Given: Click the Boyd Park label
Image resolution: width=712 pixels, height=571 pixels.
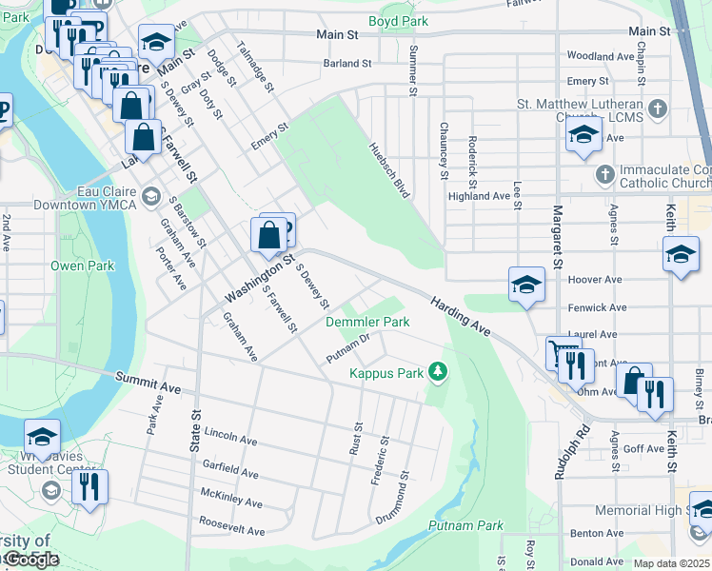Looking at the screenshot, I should point(398,21).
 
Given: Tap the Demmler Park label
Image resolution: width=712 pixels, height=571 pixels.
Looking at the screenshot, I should point(367,323).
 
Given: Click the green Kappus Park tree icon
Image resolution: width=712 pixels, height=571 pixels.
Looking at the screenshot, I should point(438,371).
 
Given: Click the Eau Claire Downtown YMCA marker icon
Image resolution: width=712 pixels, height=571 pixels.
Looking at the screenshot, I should point(149,196).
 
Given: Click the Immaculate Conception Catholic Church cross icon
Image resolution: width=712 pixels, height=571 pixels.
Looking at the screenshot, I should point(604,175).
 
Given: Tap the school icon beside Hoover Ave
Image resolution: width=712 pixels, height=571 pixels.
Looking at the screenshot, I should point(526,285).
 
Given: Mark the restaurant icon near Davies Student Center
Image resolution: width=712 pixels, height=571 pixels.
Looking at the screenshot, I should point(89,487).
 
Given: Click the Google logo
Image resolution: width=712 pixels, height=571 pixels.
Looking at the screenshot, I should point(31,560).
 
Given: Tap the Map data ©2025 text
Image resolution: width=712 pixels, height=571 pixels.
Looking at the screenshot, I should point(671,563).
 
